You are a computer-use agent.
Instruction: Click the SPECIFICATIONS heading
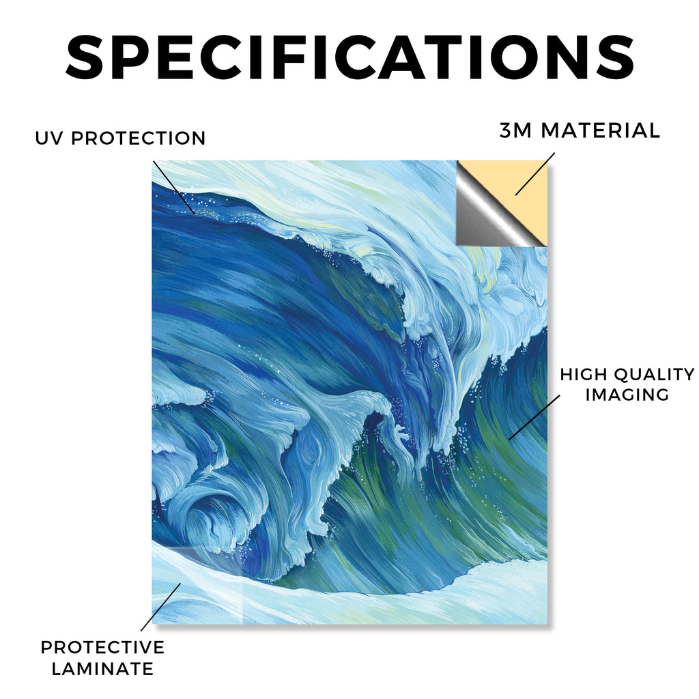(x=350, y=58)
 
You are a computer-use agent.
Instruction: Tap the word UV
(x=49, y=138)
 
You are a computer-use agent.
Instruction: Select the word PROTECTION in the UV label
(x=138, y=138)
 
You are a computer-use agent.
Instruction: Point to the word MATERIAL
(x=600, y=130)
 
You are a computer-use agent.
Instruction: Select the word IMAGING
(x=627, y=395)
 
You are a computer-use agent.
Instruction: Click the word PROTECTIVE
(x=102, y=647)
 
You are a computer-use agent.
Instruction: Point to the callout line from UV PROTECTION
(x=173, y=188)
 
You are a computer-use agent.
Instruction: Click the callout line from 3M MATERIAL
(x=535, y=174)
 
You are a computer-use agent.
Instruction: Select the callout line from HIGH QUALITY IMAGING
(x=534, y=417)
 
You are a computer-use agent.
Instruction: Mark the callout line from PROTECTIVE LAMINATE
(x=161, y=607)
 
